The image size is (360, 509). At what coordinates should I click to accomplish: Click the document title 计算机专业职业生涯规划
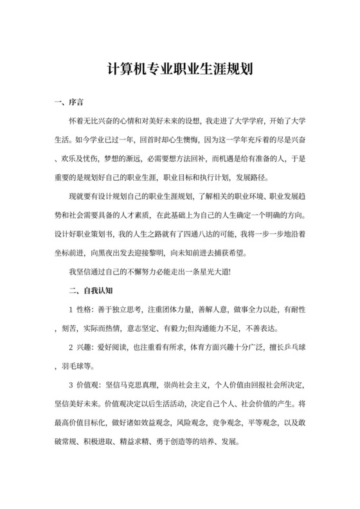[x=179, y=69]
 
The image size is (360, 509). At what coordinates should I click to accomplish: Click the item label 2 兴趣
[x=82, y=348]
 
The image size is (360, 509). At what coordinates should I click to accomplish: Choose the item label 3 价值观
[x=85, y=386]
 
